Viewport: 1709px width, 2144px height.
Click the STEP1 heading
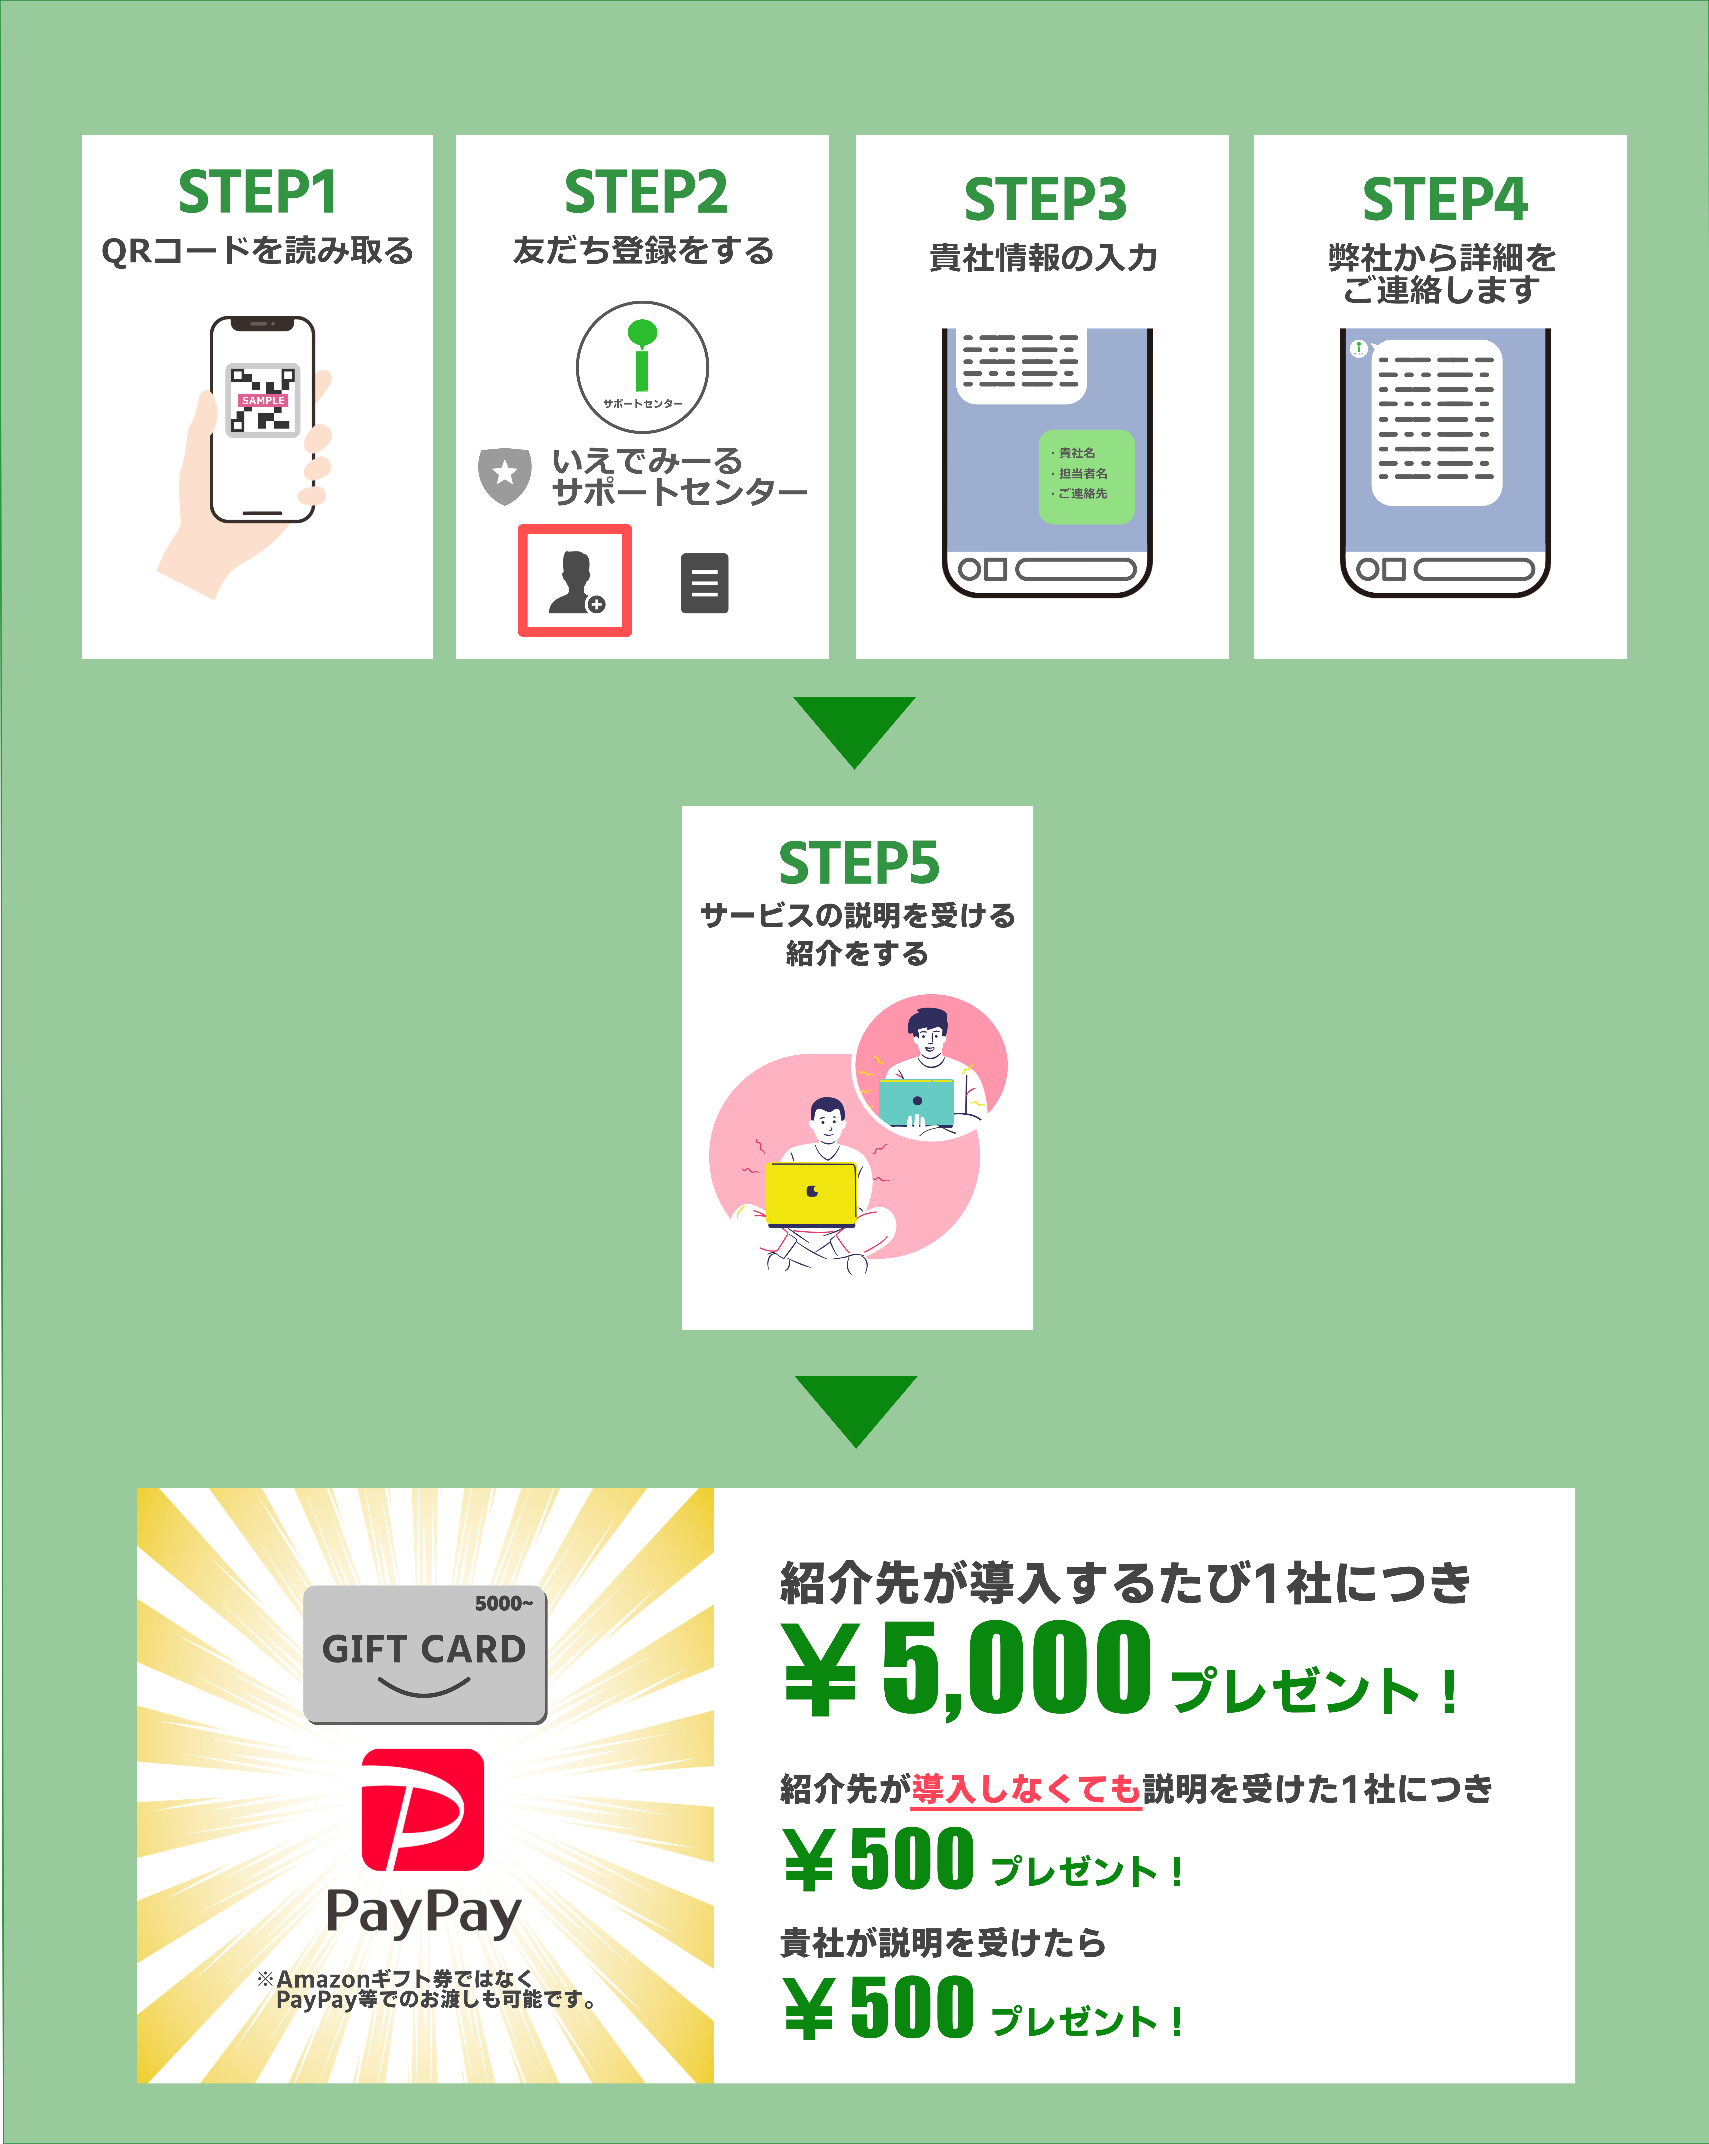(258, 192)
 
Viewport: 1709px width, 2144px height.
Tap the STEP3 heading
(1046, 199)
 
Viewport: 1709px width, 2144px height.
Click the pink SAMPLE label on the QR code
(263, 400)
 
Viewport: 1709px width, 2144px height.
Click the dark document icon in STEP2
(704, 583)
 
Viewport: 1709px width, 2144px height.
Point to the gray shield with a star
(504, 475)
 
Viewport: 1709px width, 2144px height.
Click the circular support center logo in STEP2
(643, 367)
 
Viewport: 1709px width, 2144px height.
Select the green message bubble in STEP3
(1086, 476)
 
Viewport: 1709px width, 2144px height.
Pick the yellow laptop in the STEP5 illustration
(811, 1194)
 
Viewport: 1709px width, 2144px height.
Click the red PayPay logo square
(423, 1810)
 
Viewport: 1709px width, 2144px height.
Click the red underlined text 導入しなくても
(1027, 1789)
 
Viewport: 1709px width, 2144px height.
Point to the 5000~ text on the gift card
(503, 1603)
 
